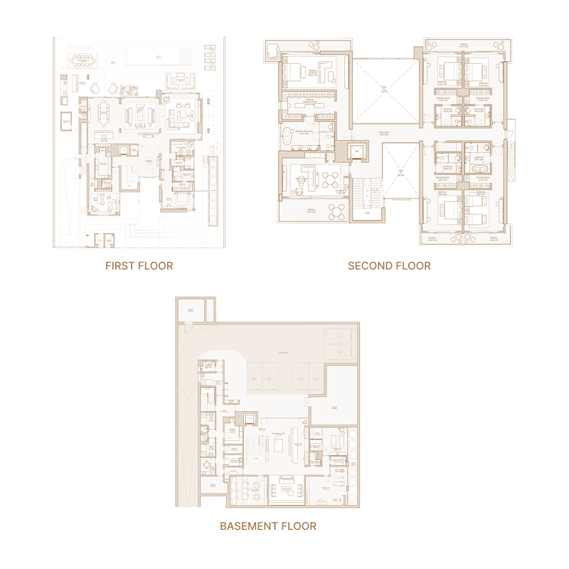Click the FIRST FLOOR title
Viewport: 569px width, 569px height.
tap(139, 266)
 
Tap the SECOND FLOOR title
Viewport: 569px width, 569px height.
tap(389, 266)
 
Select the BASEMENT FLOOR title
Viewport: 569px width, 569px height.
tap(268, 526)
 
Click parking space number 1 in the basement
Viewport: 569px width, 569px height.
tap(340, 336)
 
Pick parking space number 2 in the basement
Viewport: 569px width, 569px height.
tap(340, 352)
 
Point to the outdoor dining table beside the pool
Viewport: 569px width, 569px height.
tap(90, 60)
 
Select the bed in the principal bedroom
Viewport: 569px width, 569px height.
tap(293, 72)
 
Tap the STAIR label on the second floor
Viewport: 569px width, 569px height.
tap(367, 213)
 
